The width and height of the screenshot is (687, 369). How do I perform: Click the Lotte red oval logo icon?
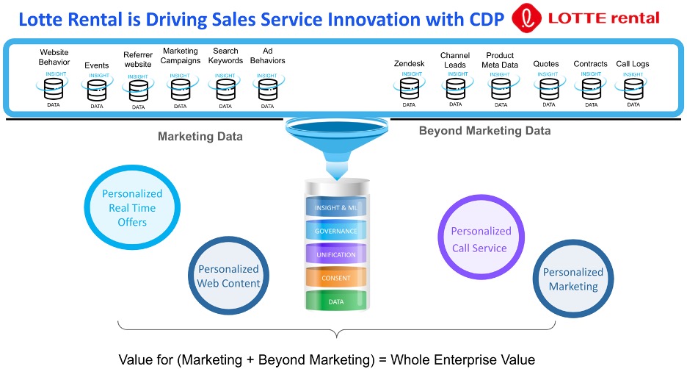(527, 18)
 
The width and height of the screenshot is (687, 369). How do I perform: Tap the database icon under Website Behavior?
(54, 89)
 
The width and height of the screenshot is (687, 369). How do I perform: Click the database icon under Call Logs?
(633, 90)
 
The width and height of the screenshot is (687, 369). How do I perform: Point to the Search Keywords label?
(225, 56)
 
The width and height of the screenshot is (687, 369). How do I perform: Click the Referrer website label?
(138, 60)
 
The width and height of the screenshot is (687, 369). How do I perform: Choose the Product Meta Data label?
(500, 60)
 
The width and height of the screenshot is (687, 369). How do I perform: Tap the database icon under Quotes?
(549, 90)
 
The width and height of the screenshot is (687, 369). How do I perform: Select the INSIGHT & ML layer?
(336, 207)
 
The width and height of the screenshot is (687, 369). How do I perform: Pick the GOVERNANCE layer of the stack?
(336, 231)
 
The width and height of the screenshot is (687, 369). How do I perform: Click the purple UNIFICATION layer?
(336, 254)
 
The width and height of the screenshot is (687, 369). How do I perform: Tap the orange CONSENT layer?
(336, 278)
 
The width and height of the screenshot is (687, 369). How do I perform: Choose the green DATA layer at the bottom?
(336, 301)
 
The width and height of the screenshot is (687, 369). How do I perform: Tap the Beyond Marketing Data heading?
(484, 131)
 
